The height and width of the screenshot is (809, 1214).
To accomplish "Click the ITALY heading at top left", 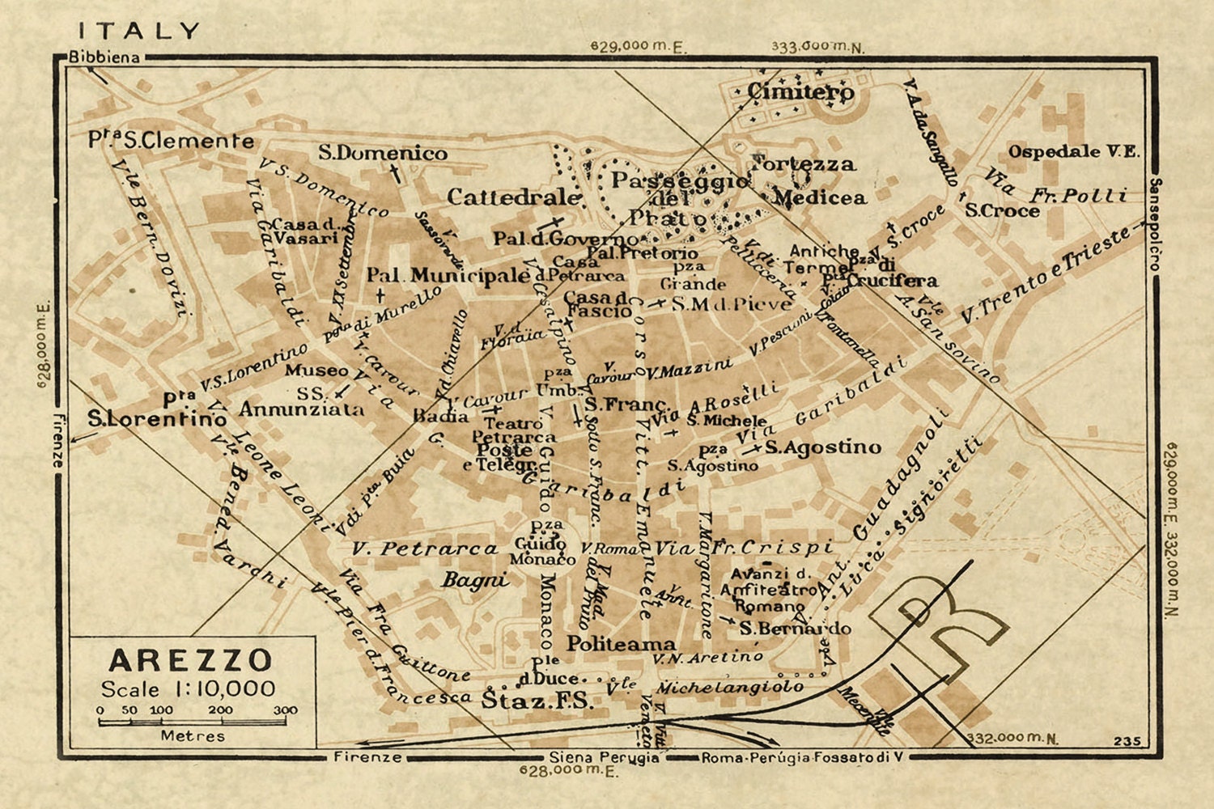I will pyautogui.click(x=138, y=32).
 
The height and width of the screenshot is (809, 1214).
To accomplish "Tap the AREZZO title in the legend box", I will pyautogui.click(x=191, y=660).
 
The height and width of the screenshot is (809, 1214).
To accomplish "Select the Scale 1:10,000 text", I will pyautogui.click(x=188, y=689).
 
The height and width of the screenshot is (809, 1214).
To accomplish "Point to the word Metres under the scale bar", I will pyautogui.click(x=193, y=735).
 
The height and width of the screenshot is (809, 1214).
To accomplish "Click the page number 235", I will pyautogui.click(x=1127, y=740).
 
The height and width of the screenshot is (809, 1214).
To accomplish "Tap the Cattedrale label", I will pyautogui.click(x=513, y=197).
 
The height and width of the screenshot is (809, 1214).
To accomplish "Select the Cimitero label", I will pyautogui.click(x=800, y=92).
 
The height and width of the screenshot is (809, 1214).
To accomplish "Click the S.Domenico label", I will pyautogui.click(x=382, y=153).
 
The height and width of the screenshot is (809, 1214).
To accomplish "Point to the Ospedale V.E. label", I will pyautogui.click(x=1073, y=151).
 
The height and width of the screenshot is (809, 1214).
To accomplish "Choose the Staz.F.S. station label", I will pyautogui.click(x=537, y=700).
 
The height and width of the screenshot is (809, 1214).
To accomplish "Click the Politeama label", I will pyautogui.click(x=621, y=644).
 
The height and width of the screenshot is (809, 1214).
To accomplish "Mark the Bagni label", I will pyautogui.click(x=475, y=579).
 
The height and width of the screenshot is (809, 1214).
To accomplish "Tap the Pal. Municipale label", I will pyautogui.click(x=448, y=276).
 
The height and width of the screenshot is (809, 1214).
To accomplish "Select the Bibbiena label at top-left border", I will pyautogui.click(x=104, y=57).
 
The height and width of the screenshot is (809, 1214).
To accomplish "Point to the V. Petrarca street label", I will pyautogui.click(x=425, y=549).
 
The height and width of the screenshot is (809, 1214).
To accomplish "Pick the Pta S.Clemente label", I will pyautogui.click(x=171, y=140).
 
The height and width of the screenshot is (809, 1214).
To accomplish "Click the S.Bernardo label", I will pyautogui.click(x=795, y=629).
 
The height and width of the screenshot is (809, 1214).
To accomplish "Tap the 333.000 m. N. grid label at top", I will pyautogui.click(x=817, y=46).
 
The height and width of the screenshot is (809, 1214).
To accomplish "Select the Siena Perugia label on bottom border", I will pyautogui.click(x=603, y=757).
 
